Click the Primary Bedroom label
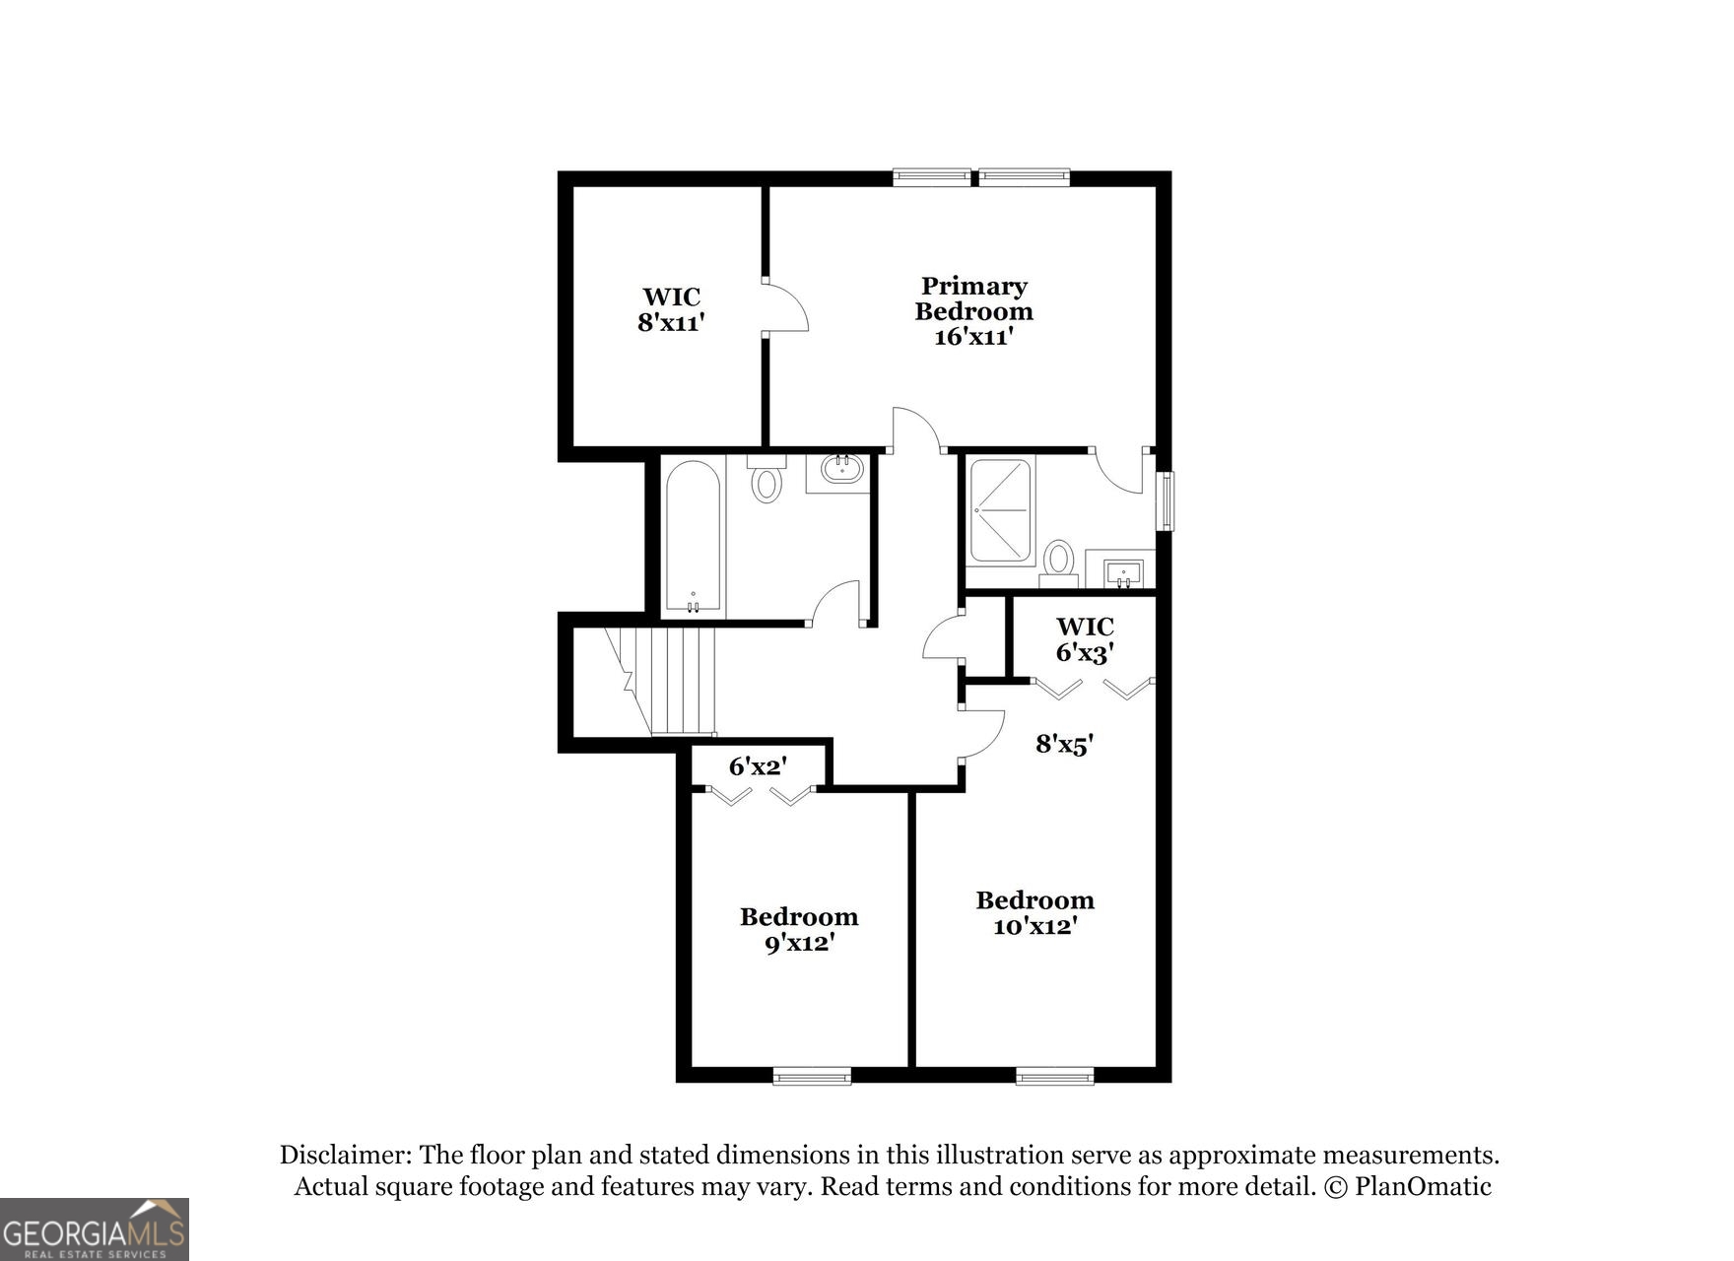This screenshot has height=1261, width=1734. (973, 299)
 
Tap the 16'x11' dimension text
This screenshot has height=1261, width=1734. (973, 337)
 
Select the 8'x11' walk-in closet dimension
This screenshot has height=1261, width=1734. (671, 322)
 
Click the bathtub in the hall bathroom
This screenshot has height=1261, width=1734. (694, 537)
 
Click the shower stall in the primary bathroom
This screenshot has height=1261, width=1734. (1000, 510)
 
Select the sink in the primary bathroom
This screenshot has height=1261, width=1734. (1123, 571)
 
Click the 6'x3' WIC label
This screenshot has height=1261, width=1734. (1085, 639)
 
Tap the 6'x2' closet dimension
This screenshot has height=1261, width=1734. (758, 765)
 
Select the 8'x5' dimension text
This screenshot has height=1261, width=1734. (1065, 744)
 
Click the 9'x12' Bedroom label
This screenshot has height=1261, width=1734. (799, 930)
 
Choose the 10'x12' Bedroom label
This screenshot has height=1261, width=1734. (1034, 913)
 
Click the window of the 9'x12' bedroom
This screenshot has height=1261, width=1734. (812, 1076)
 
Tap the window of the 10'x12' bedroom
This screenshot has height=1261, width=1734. (1054, 1076)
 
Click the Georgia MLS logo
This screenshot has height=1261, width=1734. (94, 1228)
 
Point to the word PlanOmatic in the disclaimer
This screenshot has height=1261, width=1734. (1423, 1186)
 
